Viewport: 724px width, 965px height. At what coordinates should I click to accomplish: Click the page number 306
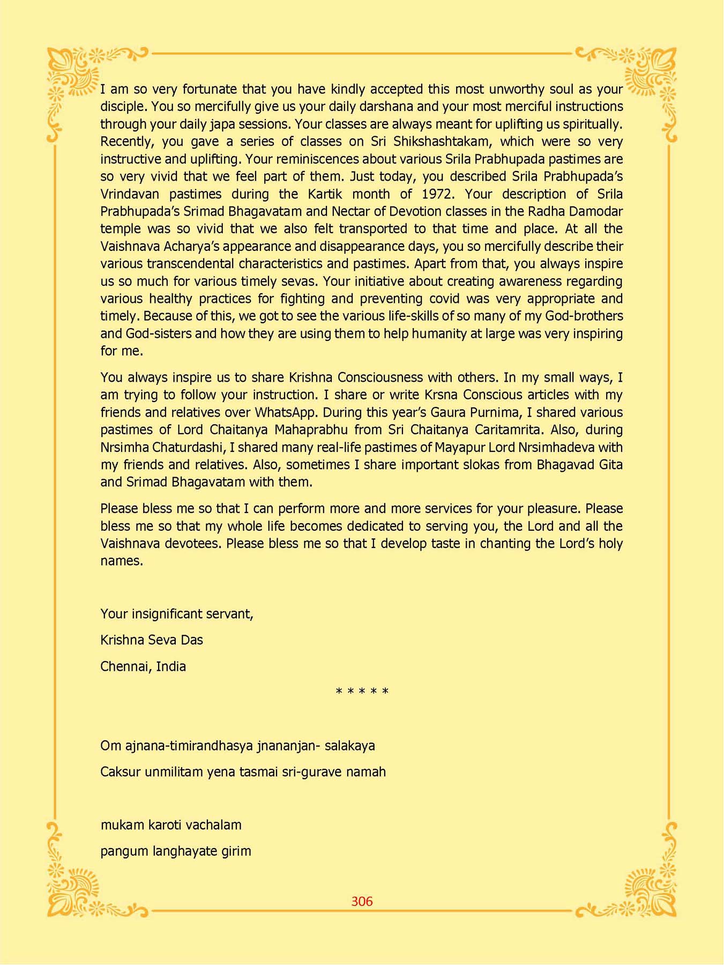coord(362,901)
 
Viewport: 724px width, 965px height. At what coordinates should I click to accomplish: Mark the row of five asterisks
coord(362,692)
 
